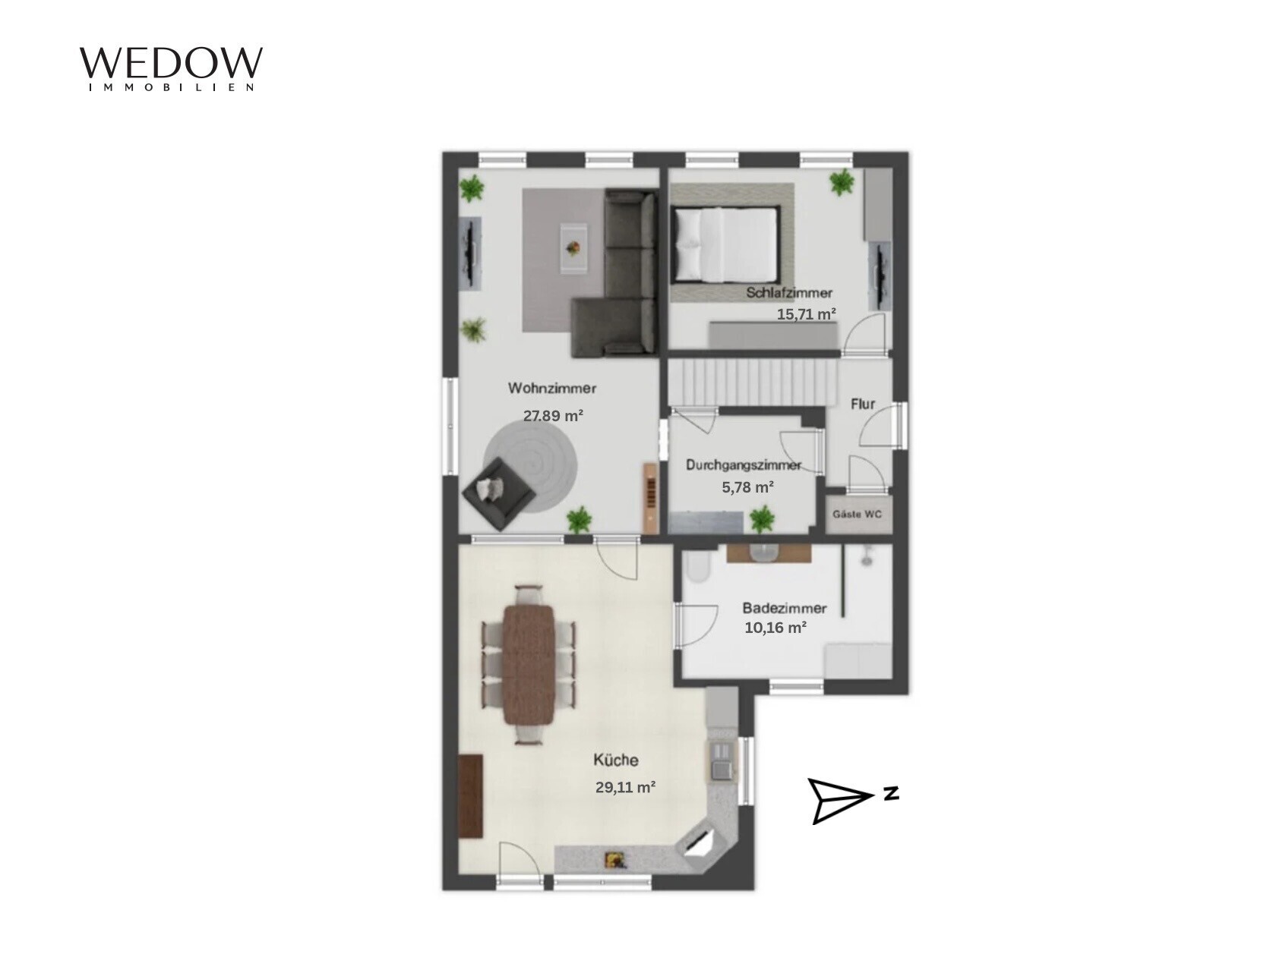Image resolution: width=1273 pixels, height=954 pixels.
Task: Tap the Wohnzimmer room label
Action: point(552,388)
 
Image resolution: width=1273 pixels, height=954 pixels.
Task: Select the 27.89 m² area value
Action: point(553,415)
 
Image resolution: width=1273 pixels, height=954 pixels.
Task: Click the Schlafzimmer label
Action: point(788,293)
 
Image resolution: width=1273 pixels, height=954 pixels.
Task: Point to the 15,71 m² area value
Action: point(806,314)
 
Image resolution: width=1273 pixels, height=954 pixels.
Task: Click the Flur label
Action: point(862,404)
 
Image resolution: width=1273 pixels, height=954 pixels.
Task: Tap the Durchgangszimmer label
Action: point(744,464)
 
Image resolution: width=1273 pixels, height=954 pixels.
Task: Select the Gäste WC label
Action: point(858,515)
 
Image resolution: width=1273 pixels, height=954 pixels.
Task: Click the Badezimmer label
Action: point(784,608)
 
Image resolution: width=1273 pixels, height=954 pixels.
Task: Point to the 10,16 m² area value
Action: point(775,628)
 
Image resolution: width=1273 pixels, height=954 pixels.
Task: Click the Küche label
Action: point(616,760)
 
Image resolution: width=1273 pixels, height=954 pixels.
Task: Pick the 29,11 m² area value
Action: point(625,787)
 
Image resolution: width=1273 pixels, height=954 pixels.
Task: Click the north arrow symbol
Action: point(841,801)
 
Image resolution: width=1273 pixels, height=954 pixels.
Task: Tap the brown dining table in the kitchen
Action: point(529,664)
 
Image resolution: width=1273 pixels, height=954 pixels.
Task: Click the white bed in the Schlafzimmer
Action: point(724,243)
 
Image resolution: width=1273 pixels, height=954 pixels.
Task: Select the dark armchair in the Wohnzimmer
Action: point(498,493)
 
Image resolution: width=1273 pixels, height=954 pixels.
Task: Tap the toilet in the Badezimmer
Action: point(696,565)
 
